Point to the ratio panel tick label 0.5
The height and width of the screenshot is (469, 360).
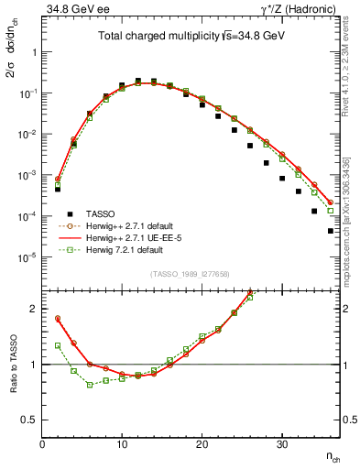(x=29, y=420)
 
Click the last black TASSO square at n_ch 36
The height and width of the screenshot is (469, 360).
(x=331, y=231)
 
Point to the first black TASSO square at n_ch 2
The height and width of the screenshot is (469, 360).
(x=57, y=189)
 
